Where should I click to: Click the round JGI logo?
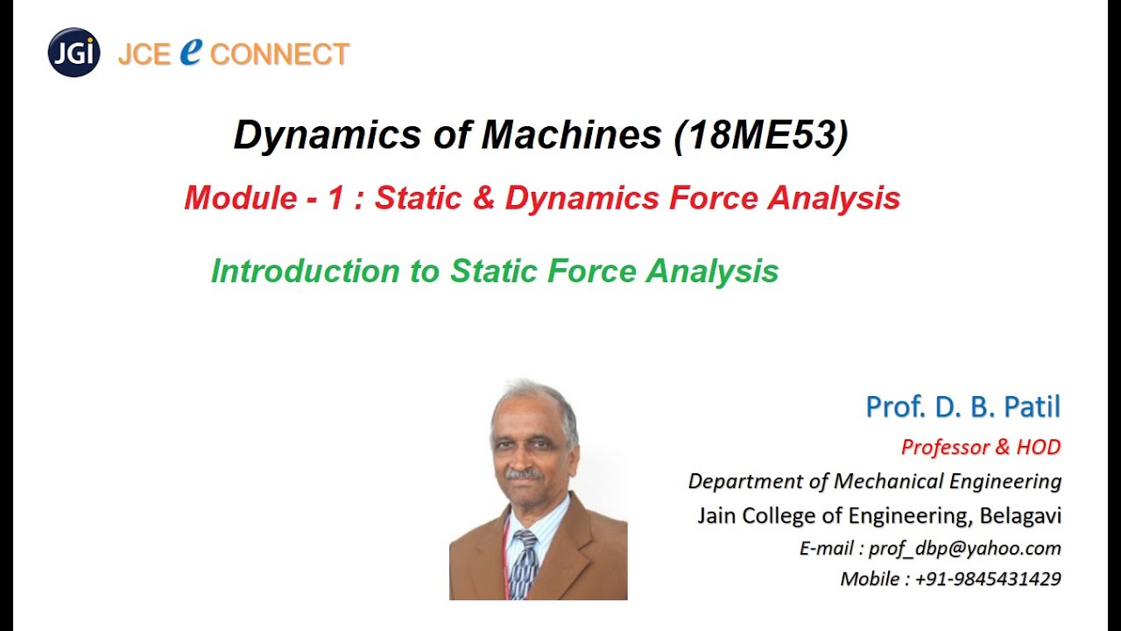(x=74, y=53)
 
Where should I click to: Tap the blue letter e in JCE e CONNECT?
(x=191, y=52)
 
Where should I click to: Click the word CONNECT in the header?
(x=279, y=54)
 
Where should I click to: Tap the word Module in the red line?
(x=240, y=199)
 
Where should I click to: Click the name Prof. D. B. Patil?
(x=962, y=407)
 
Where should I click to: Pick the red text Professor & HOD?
(x=981, y=447)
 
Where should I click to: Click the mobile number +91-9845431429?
(x=988, y=578)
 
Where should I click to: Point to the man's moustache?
(x=524, y=474)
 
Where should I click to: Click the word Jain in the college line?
(x=717, y=515)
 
